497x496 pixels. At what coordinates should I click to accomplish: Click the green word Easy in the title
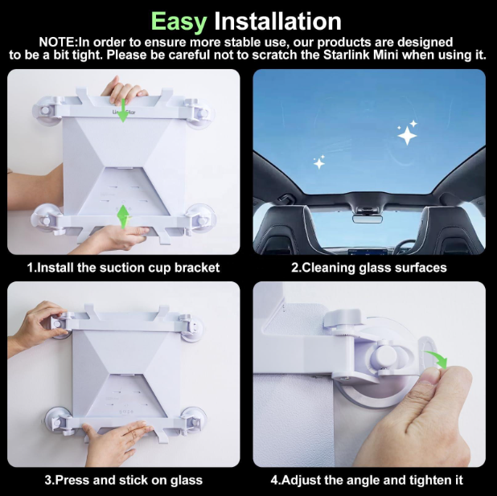179,20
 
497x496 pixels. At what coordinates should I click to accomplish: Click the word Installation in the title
277,20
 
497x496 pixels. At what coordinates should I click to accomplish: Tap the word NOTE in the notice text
60,42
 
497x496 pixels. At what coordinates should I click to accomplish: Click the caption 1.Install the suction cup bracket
123,267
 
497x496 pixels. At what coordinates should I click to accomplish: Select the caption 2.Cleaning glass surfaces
368,267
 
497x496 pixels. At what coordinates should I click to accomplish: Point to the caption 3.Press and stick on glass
123,480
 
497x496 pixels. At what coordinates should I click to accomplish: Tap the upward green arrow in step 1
123,215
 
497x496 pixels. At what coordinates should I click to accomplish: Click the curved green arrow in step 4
434,358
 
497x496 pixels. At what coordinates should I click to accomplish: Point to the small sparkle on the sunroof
319,163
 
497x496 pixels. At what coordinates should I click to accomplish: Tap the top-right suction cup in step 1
199,113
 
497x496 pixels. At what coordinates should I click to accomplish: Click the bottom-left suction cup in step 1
47,218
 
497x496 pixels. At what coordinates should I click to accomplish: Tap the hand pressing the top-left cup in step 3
36,326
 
